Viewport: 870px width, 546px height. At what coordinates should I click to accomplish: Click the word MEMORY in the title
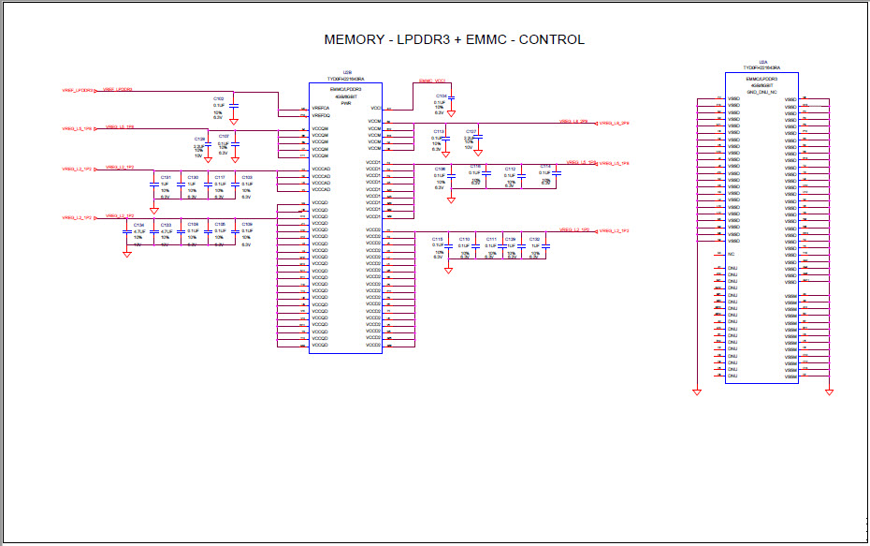(352, 39)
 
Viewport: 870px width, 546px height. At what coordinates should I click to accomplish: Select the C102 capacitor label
(218, 97)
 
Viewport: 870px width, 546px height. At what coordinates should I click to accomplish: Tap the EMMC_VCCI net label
(431, 81)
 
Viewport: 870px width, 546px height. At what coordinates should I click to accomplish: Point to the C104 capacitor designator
(441, 96)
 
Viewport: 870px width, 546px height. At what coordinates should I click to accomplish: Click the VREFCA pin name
(320, 109)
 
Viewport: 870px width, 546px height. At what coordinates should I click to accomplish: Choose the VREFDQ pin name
(320, 115)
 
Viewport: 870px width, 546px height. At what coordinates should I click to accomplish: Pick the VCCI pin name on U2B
(375, 108)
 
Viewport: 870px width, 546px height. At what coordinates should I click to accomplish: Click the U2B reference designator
(346, 72)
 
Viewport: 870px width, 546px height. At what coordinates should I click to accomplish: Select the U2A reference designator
(762, 61)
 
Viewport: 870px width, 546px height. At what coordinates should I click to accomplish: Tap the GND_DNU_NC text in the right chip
(761, 92)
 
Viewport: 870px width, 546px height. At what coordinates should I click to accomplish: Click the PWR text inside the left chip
(345, 103)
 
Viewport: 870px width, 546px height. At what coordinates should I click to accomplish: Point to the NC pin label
(732, 254)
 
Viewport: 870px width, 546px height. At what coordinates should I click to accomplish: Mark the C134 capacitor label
(138, 225)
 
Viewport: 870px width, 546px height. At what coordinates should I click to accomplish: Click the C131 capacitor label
(166, 176)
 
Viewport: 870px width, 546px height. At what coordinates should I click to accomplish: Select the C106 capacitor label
(440, 170)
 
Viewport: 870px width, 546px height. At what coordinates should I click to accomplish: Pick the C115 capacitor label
(437, 239)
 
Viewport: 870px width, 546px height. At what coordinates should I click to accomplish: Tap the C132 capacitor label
(533, 239)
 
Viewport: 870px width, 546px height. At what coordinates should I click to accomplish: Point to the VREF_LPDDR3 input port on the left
(77, 90)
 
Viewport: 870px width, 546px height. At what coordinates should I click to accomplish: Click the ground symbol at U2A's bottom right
(829, 392)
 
